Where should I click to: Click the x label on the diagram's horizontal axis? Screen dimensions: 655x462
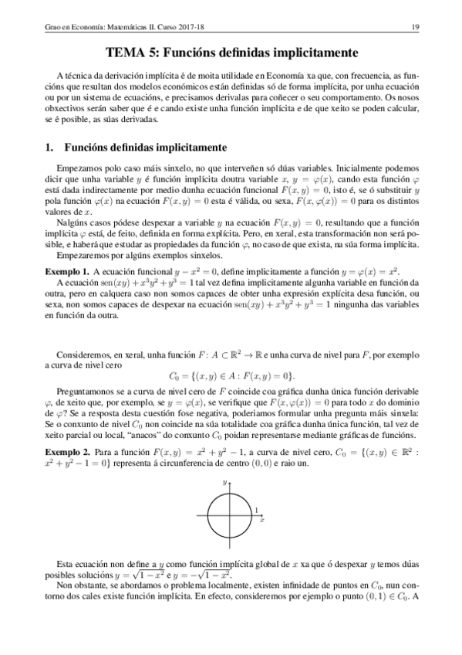pyautogui.click(x=262, y=521)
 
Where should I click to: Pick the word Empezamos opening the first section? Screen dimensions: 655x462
pyautogui.click(x=82, y=167)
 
